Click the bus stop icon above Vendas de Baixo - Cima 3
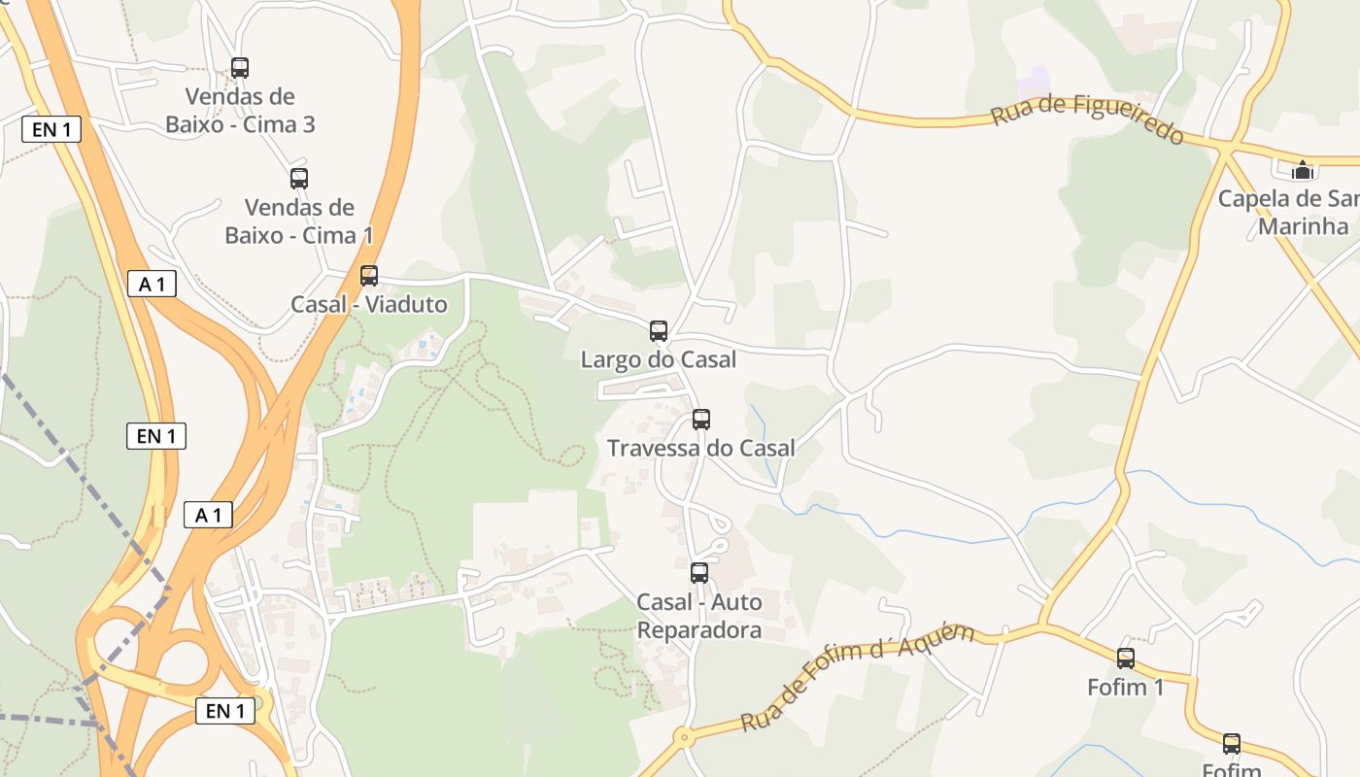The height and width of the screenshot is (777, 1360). tap(240, 68)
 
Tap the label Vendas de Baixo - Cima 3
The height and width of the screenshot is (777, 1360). tap(240, 111)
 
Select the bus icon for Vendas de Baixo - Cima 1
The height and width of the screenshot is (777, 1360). tap(299, 179)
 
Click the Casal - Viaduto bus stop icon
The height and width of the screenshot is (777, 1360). tap(369, 276)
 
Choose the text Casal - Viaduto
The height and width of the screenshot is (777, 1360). tap(369, 305)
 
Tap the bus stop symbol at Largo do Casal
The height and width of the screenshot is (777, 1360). tap(659, 331)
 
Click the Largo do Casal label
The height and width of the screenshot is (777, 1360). tap(659, 360)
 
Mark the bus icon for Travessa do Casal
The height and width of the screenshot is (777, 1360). tap(701, 420)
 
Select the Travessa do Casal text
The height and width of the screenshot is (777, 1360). tap(701, 448)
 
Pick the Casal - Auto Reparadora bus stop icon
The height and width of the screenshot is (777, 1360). tap(699, 573)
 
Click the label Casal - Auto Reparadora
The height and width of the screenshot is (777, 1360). tap(699, 617)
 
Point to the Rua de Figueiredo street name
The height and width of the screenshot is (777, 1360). tap(1087, 119)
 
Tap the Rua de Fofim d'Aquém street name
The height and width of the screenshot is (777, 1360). tap(858, 677)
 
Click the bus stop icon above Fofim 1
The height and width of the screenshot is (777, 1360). tap(1126, 659)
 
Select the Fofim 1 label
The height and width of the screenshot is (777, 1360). tap(1126, 688)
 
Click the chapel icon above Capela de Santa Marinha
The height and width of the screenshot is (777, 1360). tap(1303, 170)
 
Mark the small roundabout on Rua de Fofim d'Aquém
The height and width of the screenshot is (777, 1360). tap(685, 738)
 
